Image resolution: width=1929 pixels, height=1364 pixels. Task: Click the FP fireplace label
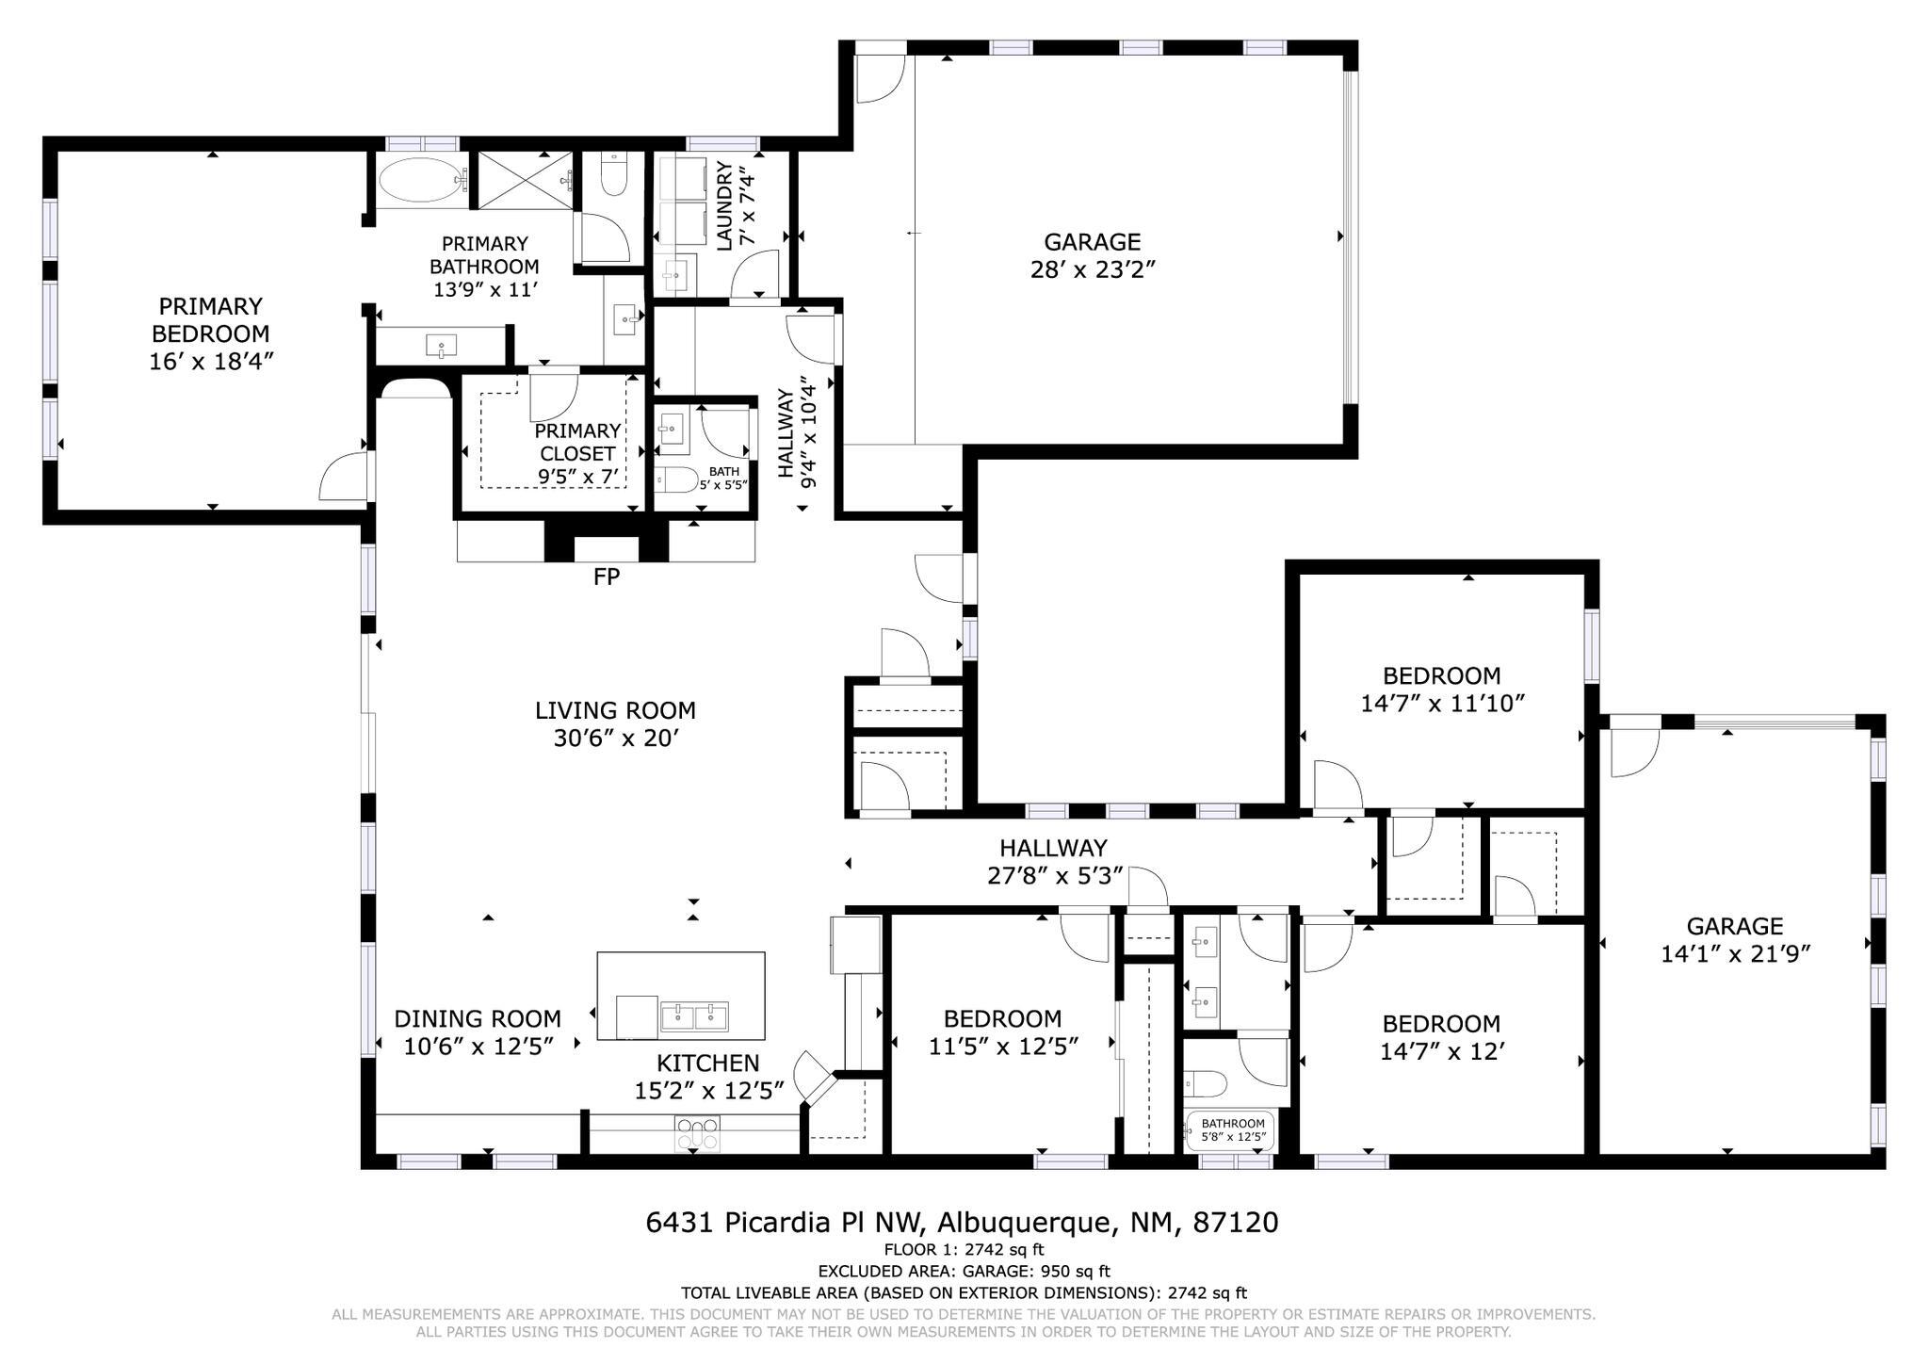click(x=606, y=576)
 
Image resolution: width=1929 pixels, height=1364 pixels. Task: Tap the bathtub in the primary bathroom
click(x=417, y=180)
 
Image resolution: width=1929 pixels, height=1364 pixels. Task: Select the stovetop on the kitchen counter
click(x=697, y=1133)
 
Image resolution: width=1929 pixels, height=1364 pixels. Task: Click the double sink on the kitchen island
click(x=694, y=1015)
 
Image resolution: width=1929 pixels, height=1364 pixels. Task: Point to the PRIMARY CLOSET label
click(x=577, y=442)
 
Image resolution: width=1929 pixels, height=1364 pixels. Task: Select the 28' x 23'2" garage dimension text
click(x=1092, y=269)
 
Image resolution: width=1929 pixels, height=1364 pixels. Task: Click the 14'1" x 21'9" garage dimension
click(x=1735, y=954)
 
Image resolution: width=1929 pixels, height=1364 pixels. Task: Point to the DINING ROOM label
click(x=477, y=1018)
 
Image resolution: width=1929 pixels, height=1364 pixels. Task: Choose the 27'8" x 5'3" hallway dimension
click(x=1053, y=876)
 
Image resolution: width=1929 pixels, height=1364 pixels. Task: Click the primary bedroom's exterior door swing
click(x=341, y=478)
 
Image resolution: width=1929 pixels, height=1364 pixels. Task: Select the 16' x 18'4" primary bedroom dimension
click(x=210, y=361)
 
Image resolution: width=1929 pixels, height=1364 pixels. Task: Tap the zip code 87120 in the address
click(x=1235, y=1223)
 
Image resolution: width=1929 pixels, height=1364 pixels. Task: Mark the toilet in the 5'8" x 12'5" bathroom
click(x=1205, y=1084)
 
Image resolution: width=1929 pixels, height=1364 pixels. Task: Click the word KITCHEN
click(x=707, y=1063)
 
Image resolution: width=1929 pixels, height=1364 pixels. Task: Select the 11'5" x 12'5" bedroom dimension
click(x=1002, y=1046)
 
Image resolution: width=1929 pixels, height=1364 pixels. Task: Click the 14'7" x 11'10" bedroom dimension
click(x=1442, y=703)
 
